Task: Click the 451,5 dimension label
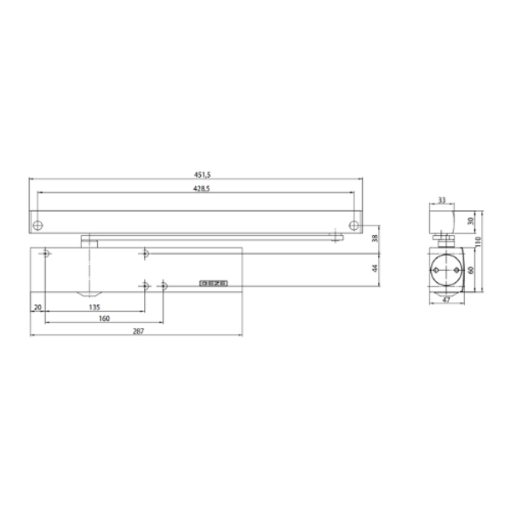coord(203,175)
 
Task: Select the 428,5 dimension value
coord(201,188)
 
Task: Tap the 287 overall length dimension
coord(138,331)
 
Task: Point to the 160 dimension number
coord(104,319)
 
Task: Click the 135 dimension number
coord(95,307)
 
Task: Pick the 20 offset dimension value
coord(37,307)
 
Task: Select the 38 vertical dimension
coord(375,238)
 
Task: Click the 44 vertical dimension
coord(375,268)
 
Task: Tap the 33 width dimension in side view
coord(441,200)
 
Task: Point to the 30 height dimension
coord(471,221)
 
